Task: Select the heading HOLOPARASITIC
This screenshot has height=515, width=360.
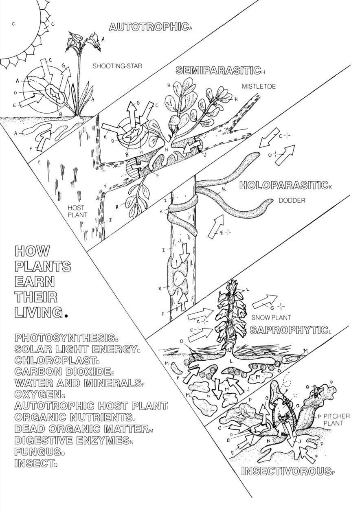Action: coord(284,186)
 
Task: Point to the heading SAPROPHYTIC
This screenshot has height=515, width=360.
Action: coord(289,330)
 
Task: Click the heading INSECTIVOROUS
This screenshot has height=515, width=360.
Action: coord(285,471)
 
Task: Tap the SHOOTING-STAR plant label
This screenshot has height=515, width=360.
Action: coord(117,66)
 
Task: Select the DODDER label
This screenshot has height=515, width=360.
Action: coord(292,201)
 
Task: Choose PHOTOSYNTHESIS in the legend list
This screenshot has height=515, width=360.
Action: coord(64,337)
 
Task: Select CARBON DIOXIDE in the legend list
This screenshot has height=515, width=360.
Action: coord(62,372)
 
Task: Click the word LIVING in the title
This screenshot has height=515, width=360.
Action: coord(39,312)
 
